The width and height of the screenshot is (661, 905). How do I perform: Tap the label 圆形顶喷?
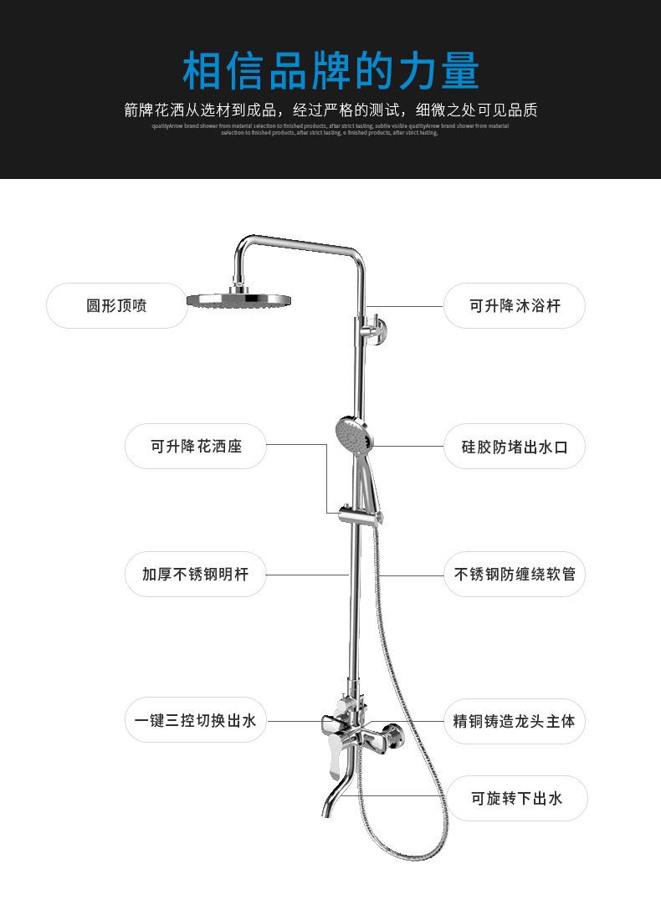(116, 305)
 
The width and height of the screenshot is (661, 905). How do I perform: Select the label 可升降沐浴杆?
(514, 305)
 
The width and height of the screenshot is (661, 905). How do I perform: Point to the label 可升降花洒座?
(196, 446)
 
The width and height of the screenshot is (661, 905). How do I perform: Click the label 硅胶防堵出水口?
(514, 446)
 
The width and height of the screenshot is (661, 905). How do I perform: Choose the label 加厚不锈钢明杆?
(196, 575)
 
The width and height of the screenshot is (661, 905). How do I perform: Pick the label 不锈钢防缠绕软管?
(515, 575)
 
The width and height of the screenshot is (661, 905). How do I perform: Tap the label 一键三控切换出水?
(196, 720)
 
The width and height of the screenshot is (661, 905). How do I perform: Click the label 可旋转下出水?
(516, 798)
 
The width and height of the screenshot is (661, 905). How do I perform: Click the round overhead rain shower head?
(238, 299)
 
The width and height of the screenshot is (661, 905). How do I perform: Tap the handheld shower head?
(351, 432)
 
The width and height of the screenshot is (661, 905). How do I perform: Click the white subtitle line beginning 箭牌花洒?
(330, 110)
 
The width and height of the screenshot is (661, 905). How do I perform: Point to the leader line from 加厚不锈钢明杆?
(307, 575)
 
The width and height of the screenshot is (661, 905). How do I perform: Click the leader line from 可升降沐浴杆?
(406, 306)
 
